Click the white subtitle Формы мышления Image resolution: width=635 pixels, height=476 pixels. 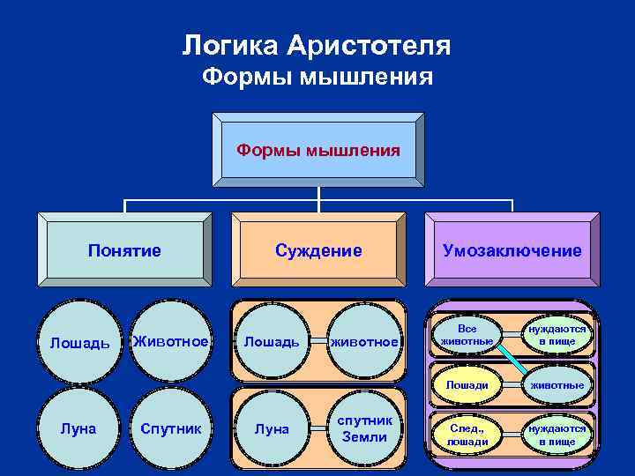tap(317, 78)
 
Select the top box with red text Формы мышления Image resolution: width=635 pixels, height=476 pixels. tap(317, 151)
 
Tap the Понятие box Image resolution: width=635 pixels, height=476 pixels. tap(124, 251)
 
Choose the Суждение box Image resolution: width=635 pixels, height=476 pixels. tap(318, 251)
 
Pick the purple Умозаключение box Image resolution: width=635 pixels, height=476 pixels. tap(512, 251)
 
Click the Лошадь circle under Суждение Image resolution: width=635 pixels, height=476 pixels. tap(272, 341)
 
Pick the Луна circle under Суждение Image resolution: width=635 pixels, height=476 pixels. tap(272, 429)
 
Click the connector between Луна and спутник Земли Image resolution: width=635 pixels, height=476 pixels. tap(317, 429)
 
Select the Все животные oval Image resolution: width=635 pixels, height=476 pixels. tap(467, 334)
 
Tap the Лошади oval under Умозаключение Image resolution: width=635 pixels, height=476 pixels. tap(467, 385)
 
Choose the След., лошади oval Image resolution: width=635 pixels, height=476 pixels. tap(467, 435)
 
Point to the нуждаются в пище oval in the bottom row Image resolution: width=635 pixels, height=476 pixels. tap(557, 435)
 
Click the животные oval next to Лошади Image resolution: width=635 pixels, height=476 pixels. tap(557, 385)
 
